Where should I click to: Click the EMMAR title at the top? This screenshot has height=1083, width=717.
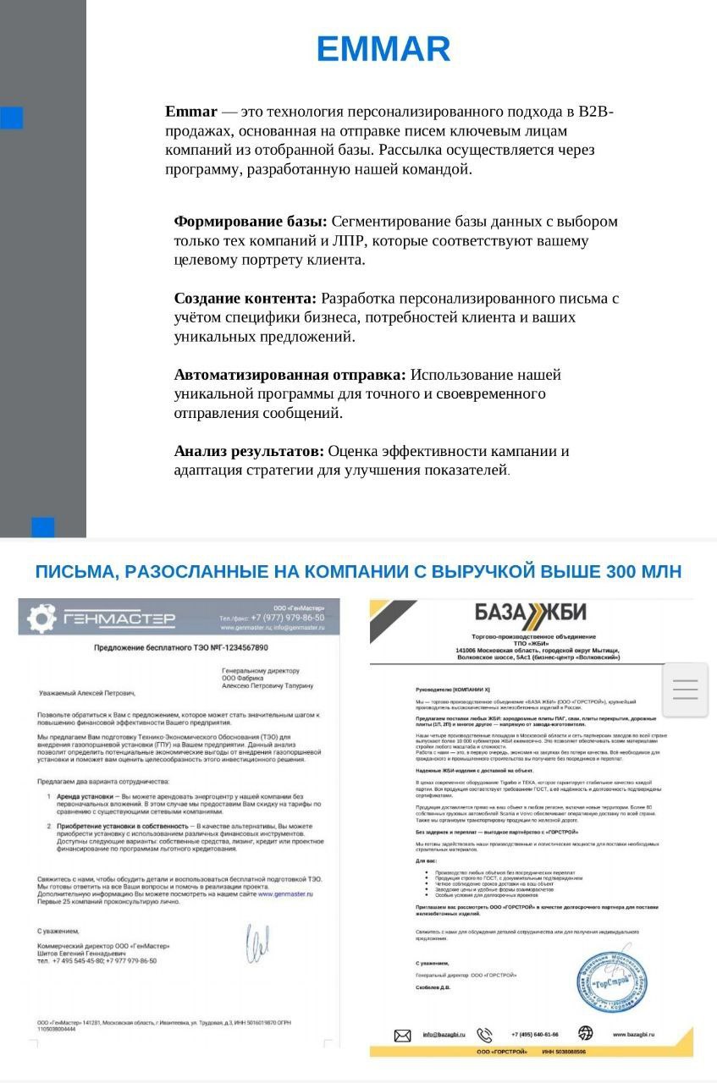(x=383, y=50)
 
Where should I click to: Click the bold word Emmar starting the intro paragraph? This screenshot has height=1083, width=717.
(x=191, y=112)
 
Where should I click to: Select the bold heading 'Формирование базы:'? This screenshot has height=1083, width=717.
(x=250, y=222)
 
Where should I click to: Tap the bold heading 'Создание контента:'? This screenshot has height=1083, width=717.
(x=245, y=299)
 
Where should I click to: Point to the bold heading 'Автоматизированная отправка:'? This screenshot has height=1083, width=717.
(x=290, y=375)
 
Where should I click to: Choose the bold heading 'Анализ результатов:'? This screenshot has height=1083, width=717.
(x=249, y=451)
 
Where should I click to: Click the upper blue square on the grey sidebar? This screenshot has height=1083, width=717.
(x=12, y=118)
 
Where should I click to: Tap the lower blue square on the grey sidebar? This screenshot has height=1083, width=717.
(x=43, y=527)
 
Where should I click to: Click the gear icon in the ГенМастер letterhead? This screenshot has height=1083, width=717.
(x=41, y=618)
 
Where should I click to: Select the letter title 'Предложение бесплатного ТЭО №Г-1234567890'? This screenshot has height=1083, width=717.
(x=180, y=648)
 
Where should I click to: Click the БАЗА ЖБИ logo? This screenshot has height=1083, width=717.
(x=530, y=613)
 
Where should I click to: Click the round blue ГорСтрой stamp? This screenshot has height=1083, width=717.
(x=612, y=981)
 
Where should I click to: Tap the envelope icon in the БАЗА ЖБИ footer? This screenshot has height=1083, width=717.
(x=403, y=1035)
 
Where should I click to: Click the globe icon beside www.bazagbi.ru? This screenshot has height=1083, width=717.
(x=585, y=1033)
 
